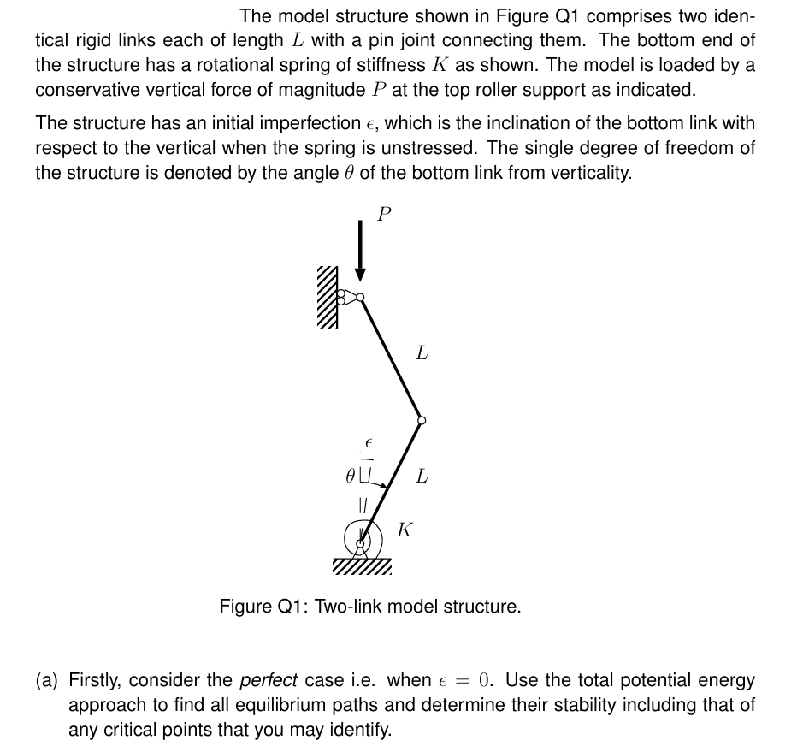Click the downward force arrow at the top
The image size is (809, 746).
[361, 248]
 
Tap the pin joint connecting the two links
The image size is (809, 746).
[421, 420]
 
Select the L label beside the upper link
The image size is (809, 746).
[422, 352]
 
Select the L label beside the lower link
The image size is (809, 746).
[421, 476]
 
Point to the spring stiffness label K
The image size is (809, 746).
[404, 530]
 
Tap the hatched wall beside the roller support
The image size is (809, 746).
[328, 297]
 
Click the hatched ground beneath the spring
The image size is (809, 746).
[361, 567]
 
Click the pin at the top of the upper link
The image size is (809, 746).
[361, 298]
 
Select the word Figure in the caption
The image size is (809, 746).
[245, 607]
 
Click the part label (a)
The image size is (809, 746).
[48, 681]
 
